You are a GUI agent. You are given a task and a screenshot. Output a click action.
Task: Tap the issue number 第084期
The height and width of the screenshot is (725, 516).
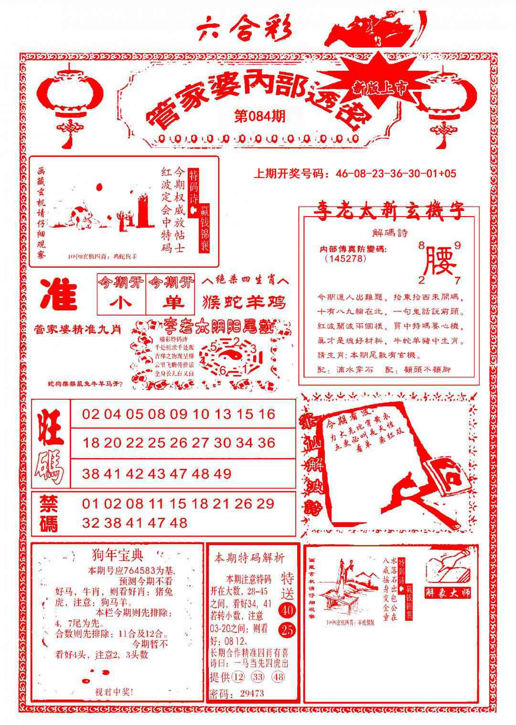(260, 116)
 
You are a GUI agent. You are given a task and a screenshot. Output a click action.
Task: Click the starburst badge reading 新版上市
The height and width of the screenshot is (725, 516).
(372, 86)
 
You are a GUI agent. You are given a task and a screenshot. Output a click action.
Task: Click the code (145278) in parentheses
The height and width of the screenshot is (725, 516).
(345, 258)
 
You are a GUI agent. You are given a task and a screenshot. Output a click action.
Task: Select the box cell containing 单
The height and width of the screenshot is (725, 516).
(171, 303)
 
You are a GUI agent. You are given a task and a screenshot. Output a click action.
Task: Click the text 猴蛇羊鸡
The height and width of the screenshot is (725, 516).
(244, 302)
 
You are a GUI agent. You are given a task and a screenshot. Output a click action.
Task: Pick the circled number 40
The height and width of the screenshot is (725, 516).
(288, 610)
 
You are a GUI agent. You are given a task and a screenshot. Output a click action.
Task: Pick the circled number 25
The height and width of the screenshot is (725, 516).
(288, 630)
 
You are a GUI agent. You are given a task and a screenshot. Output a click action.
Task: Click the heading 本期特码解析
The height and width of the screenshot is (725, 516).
(249, 558)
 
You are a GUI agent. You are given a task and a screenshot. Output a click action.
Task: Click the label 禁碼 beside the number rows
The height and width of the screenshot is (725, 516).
(48, 513)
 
